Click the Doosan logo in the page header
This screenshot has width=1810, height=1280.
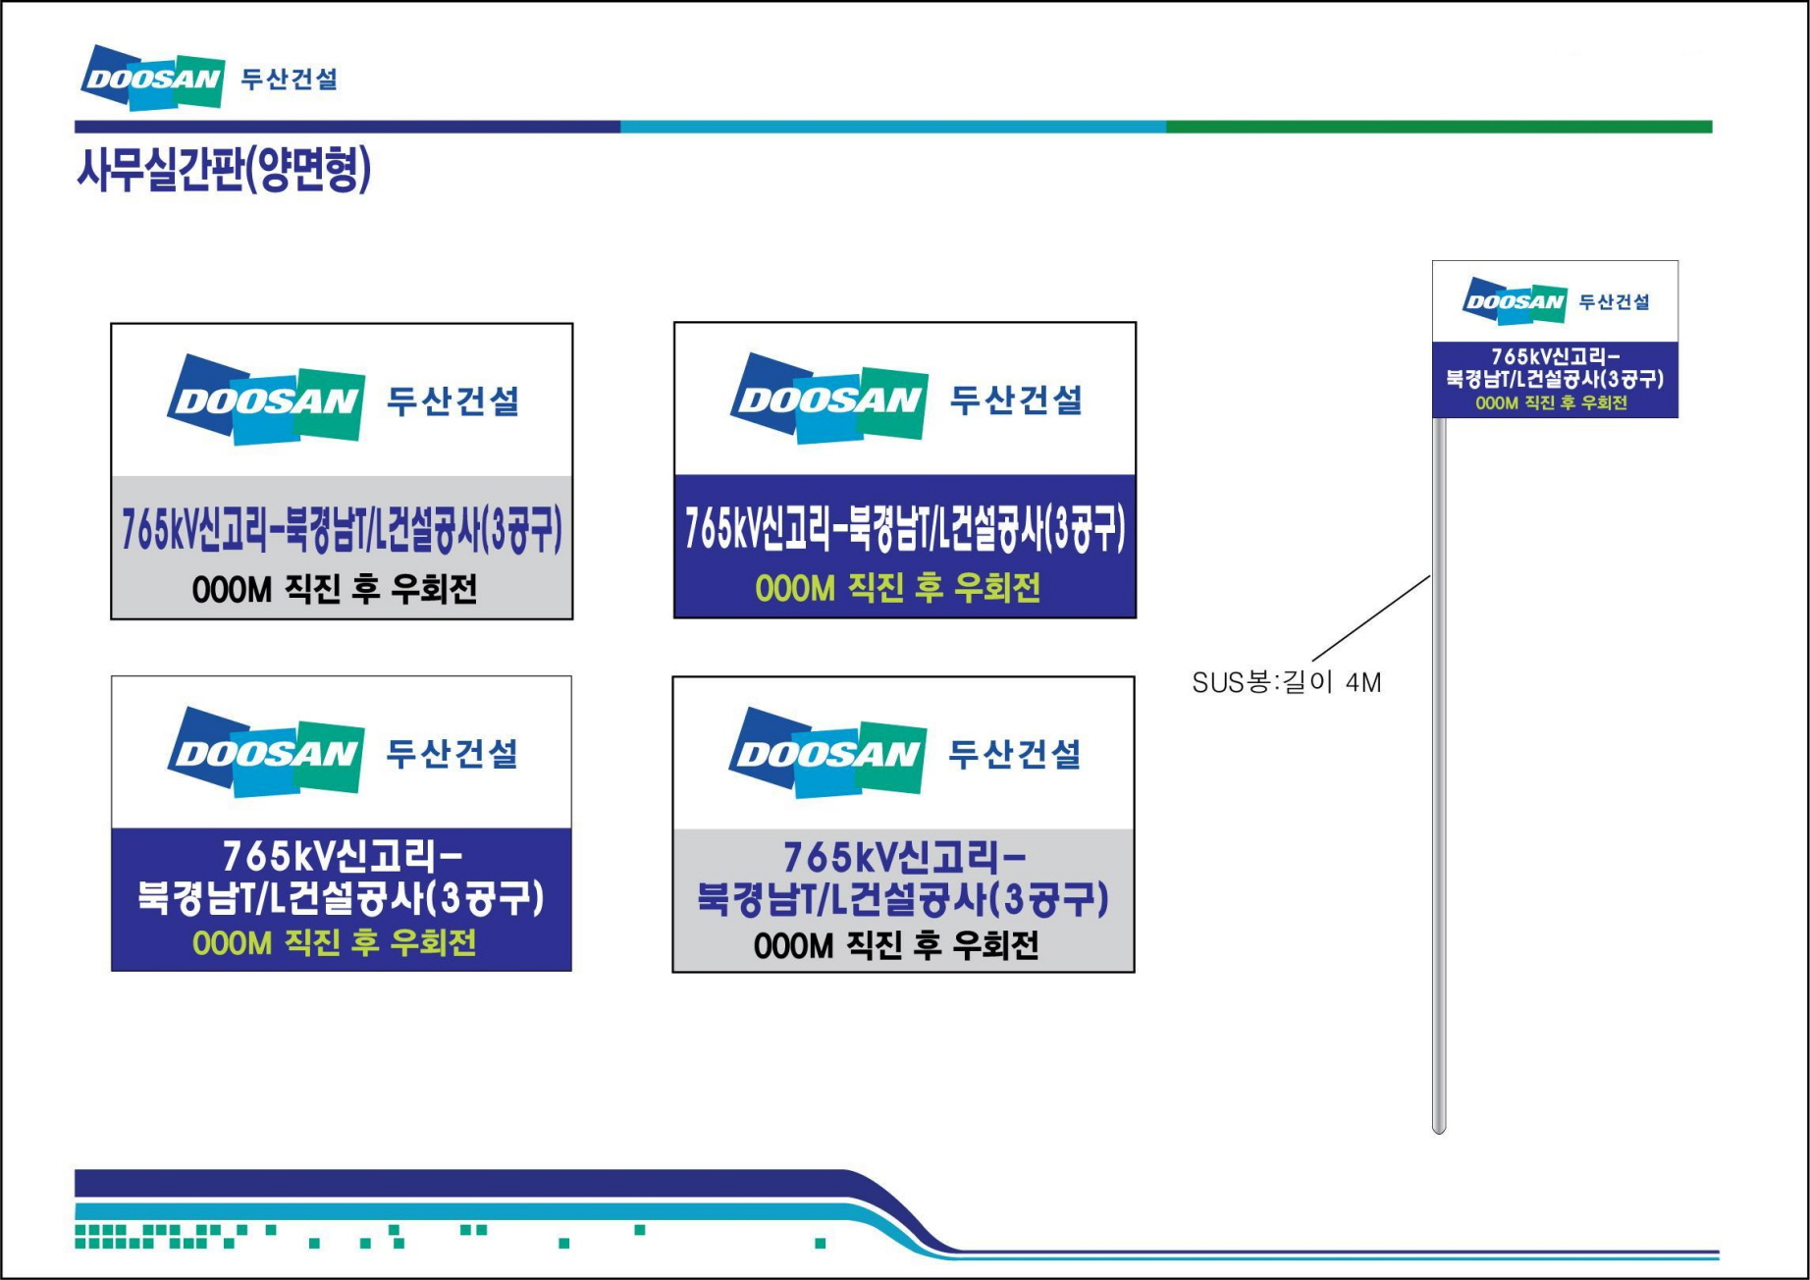(x=152, y=77)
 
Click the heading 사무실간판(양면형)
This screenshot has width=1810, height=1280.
(x=224, y=169)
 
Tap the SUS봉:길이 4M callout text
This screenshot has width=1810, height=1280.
(x=1286, y=682)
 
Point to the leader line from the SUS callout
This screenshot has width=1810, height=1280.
(x=1370, y=618)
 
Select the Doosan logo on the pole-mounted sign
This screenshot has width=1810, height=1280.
(x=1514, y=301)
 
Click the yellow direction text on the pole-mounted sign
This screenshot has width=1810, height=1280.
(x=1551, y=403)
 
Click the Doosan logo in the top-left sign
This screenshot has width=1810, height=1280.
(x=266, y=400)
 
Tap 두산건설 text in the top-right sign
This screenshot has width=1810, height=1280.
(x=1016, y=400)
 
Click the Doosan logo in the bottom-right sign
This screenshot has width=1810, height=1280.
(x=827, y=752)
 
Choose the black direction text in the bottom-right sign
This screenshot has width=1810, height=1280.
(x=896, y=945)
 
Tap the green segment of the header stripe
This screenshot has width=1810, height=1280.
(x=1438, y=127)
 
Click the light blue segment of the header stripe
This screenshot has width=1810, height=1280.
(x=892, y=127)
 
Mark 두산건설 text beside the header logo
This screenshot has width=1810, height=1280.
(x=290, y=80)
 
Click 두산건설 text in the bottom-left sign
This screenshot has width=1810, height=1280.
(x=452, y=753)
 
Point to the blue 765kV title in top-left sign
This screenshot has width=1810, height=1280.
(x=342, y=530)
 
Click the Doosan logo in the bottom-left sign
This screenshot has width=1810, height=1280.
(x=266, y=752)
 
